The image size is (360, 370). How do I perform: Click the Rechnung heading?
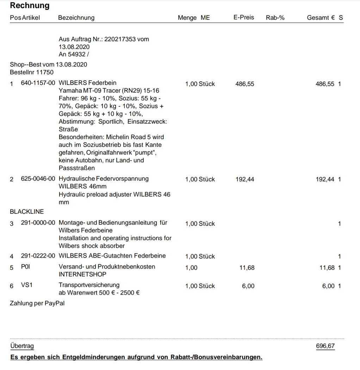pyautogui.click(x=30, y=6)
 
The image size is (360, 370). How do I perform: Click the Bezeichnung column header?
pyautogui.click(x=76, y=18)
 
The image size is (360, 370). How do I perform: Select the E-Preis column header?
pyautogui.click(x=243, y=17)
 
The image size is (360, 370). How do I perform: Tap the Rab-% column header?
pyautogui.click(x=275, y=18)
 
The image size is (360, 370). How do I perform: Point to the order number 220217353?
pyautogui.click(x=120, y=39)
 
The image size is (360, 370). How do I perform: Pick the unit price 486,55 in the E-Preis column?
pyautogui.click(x=244, y=84)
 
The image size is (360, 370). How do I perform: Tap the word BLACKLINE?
pyautogui.click(x=27, y=212)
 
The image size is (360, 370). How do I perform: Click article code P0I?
pyautogui.click(x=26, y=267)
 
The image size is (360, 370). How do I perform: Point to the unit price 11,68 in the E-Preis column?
pyautogui.click(x=247, y=268)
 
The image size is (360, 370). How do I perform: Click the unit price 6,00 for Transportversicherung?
pyautogui.click(x=248, y=286)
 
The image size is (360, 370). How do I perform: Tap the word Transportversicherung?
pyautogui.click(x=89, y=285)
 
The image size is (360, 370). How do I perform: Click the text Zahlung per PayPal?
pyautogui.click(x=37, y=303)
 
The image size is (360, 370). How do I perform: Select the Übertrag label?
pyautogui.click(x=22, y=346)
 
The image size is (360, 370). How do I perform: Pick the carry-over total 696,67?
pyautogui.click(x=325, y=346)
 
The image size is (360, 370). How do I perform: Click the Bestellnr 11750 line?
pyautogui.click(x=32, y=72)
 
